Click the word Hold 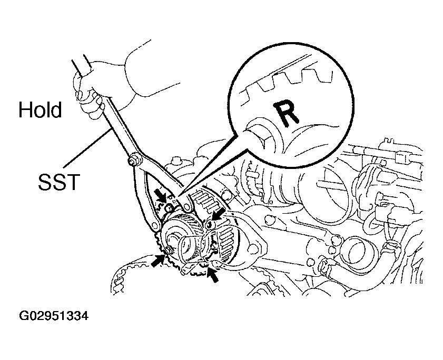coord(40,109)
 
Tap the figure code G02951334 coord(54,316)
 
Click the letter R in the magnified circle coord(286,113)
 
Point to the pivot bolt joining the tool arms coord(133,160)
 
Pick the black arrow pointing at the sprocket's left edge coord(158,261)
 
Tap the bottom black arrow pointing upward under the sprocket coord(212,274)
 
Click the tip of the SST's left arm coord(154,226)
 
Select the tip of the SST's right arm coord(187,207)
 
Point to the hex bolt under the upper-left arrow coord(169,208)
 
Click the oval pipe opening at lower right coord(355,248)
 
